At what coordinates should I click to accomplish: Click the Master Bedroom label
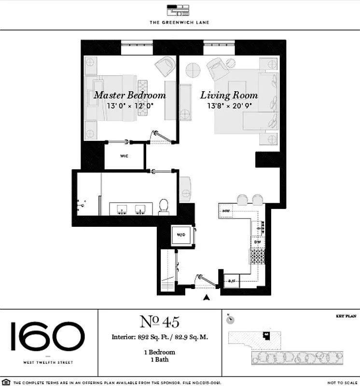[x=129, y=95]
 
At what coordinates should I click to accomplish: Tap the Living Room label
[x=229, y=95]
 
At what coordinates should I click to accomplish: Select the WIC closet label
[x=125, y=156]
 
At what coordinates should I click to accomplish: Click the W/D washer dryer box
[x=181, y=235]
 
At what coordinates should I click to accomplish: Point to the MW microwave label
[x=226, y=211]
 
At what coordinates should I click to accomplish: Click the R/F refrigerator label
[x=232, y=281]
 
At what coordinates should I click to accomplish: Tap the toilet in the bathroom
[x=164, y=206]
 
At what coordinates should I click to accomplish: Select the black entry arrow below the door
[x=207, y=298]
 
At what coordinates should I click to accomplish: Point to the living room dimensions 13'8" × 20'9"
[x=230, y=106]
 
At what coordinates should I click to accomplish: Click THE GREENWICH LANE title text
[x=179, y=22]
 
